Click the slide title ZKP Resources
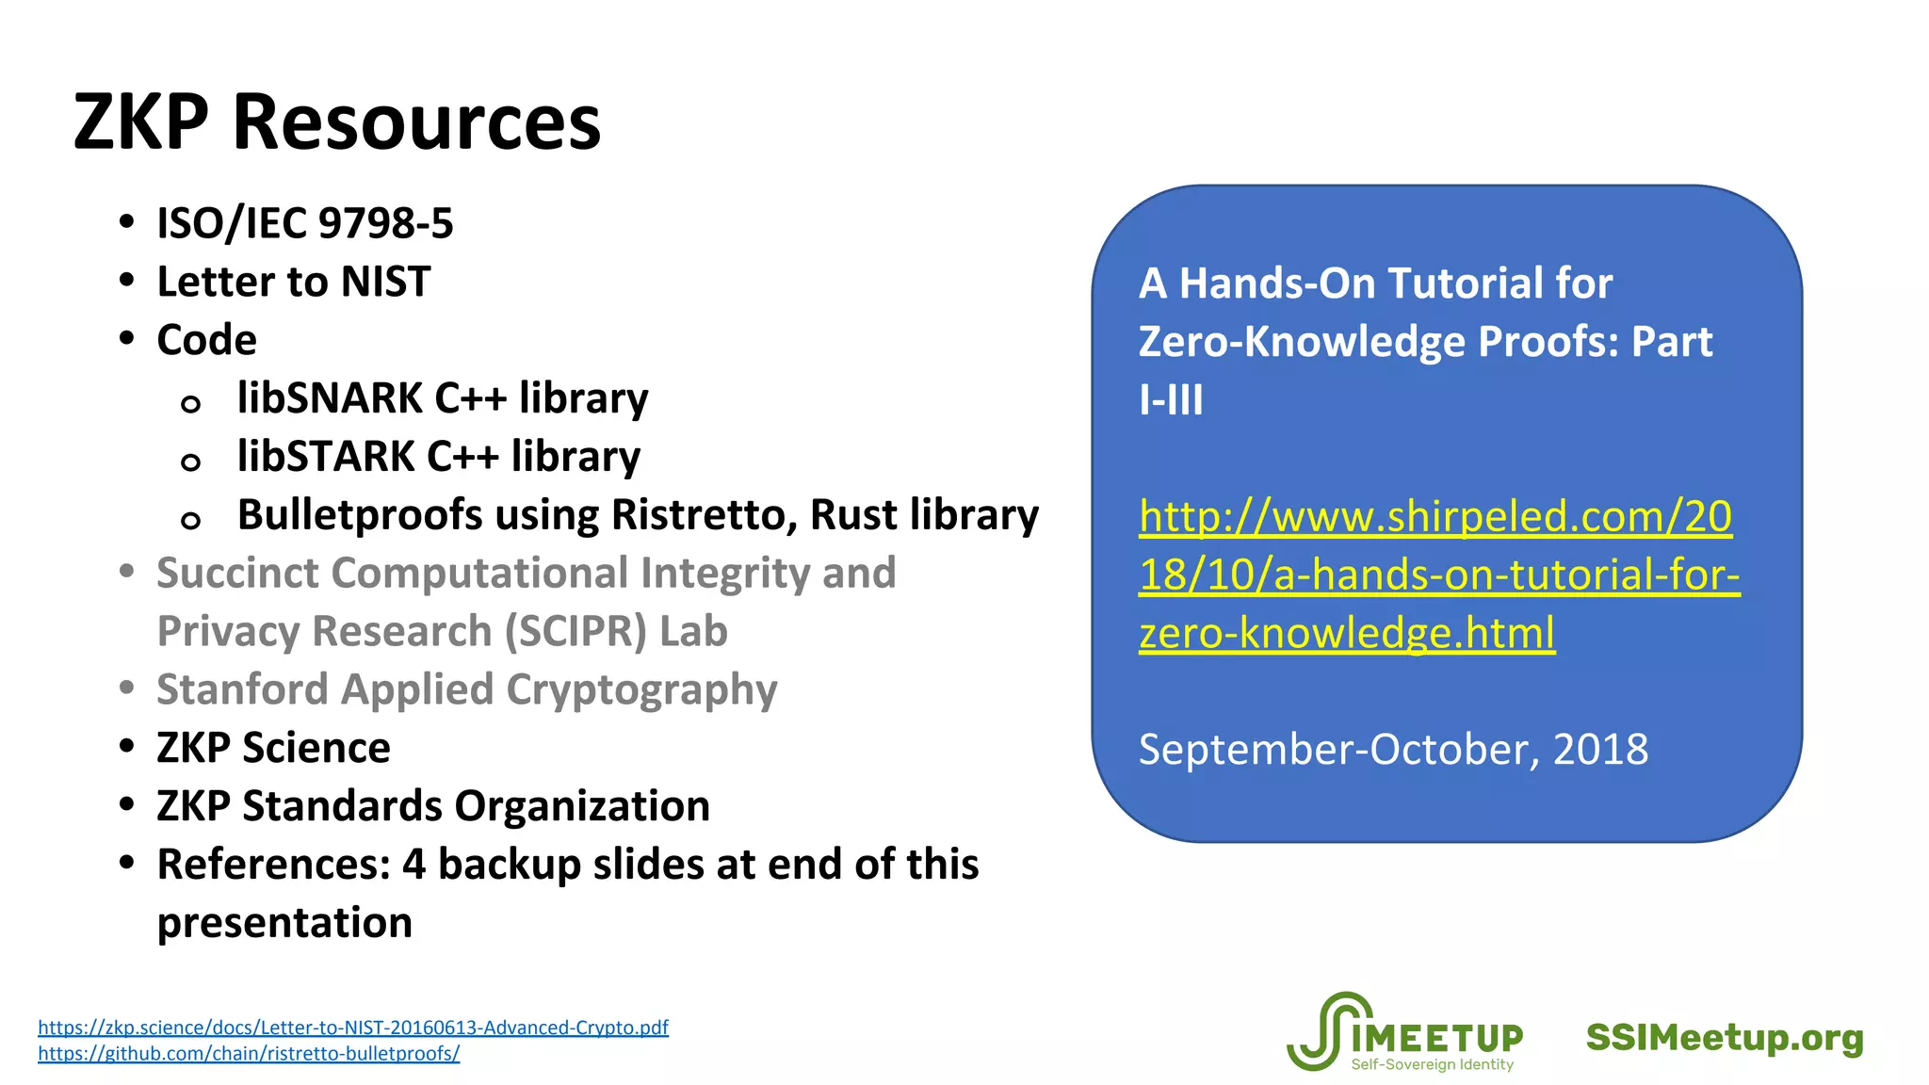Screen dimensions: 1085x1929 [336, 122]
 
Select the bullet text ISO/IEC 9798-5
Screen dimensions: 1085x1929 [304, 224]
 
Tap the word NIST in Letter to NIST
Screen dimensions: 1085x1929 [385, 282]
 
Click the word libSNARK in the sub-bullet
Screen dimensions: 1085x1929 [331, 398]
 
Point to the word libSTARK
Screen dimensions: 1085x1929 [326, 457]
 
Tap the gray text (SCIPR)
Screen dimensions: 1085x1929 [576, 631]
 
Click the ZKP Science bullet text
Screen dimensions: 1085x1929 [273, 748]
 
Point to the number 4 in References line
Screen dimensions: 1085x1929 [413, 865]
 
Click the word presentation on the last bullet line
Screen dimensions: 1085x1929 [284, 923]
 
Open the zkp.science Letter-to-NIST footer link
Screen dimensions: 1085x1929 [352, 1028]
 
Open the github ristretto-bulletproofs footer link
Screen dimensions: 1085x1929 [249, 1054]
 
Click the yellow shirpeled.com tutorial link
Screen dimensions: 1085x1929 [1438, 575]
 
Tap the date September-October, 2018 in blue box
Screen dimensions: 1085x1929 [1393, 750]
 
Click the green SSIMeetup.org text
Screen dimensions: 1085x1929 [1725, 1038]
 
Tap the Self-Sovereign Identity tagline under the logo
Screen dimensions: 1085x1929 [1432, 1065]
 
